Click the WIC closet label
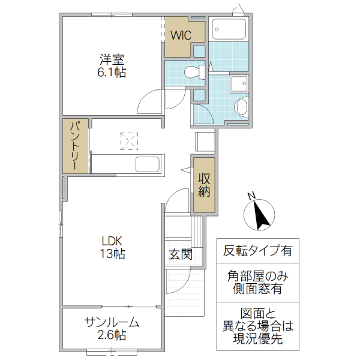pyautogui.click(x=180, y=35)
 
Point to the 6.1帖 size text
pyautogui.click(x=112, y=73)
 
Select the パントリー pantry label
pyautogui.click(x=76, y=146)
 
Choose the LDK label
pyautogui.click(x=112, y=241)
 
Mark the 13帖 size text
pyautogui.click(x=112, y=254)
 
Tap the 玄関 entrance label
pyautogui.click(x=180, y=254)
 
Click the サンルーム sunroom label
pyautogui.click(x=112, y=322)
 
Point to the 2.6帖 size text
pyautogui.click(x=112, y=335)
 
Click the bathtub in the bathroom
pyautogui.click(x=229, y=29)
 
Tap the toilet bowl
pyautogui.click(x=192, y=72)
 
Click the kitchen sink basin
pyautogui.click(x=147, y=164)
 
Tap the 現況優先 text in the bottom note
pyautogui.click(x=257, y=340)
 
